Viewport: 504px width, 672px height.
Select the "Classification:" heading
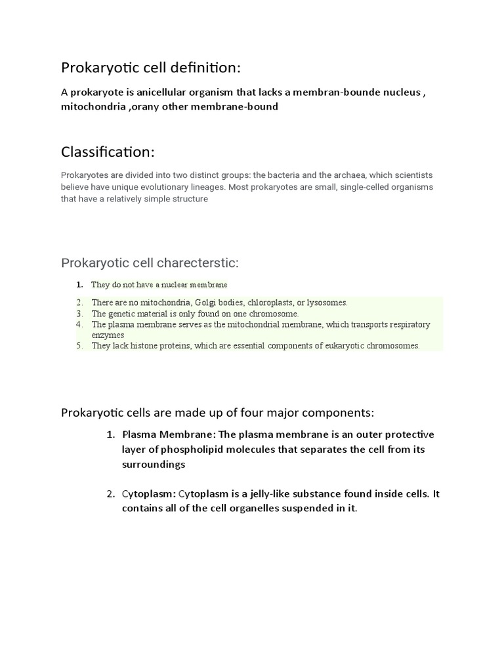click(x=108, y=152)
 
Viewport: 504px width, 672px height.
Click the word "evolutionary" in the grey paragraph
click(x=172, y=187)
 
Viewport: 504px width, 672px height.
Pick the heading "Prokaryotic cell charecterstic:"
click(x=150, y=263)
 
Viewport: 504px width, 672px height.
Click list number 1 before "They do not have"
click(x=79, y=285)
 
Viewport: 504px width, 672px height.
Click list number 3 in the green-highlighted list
click(x=79, y=314)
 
